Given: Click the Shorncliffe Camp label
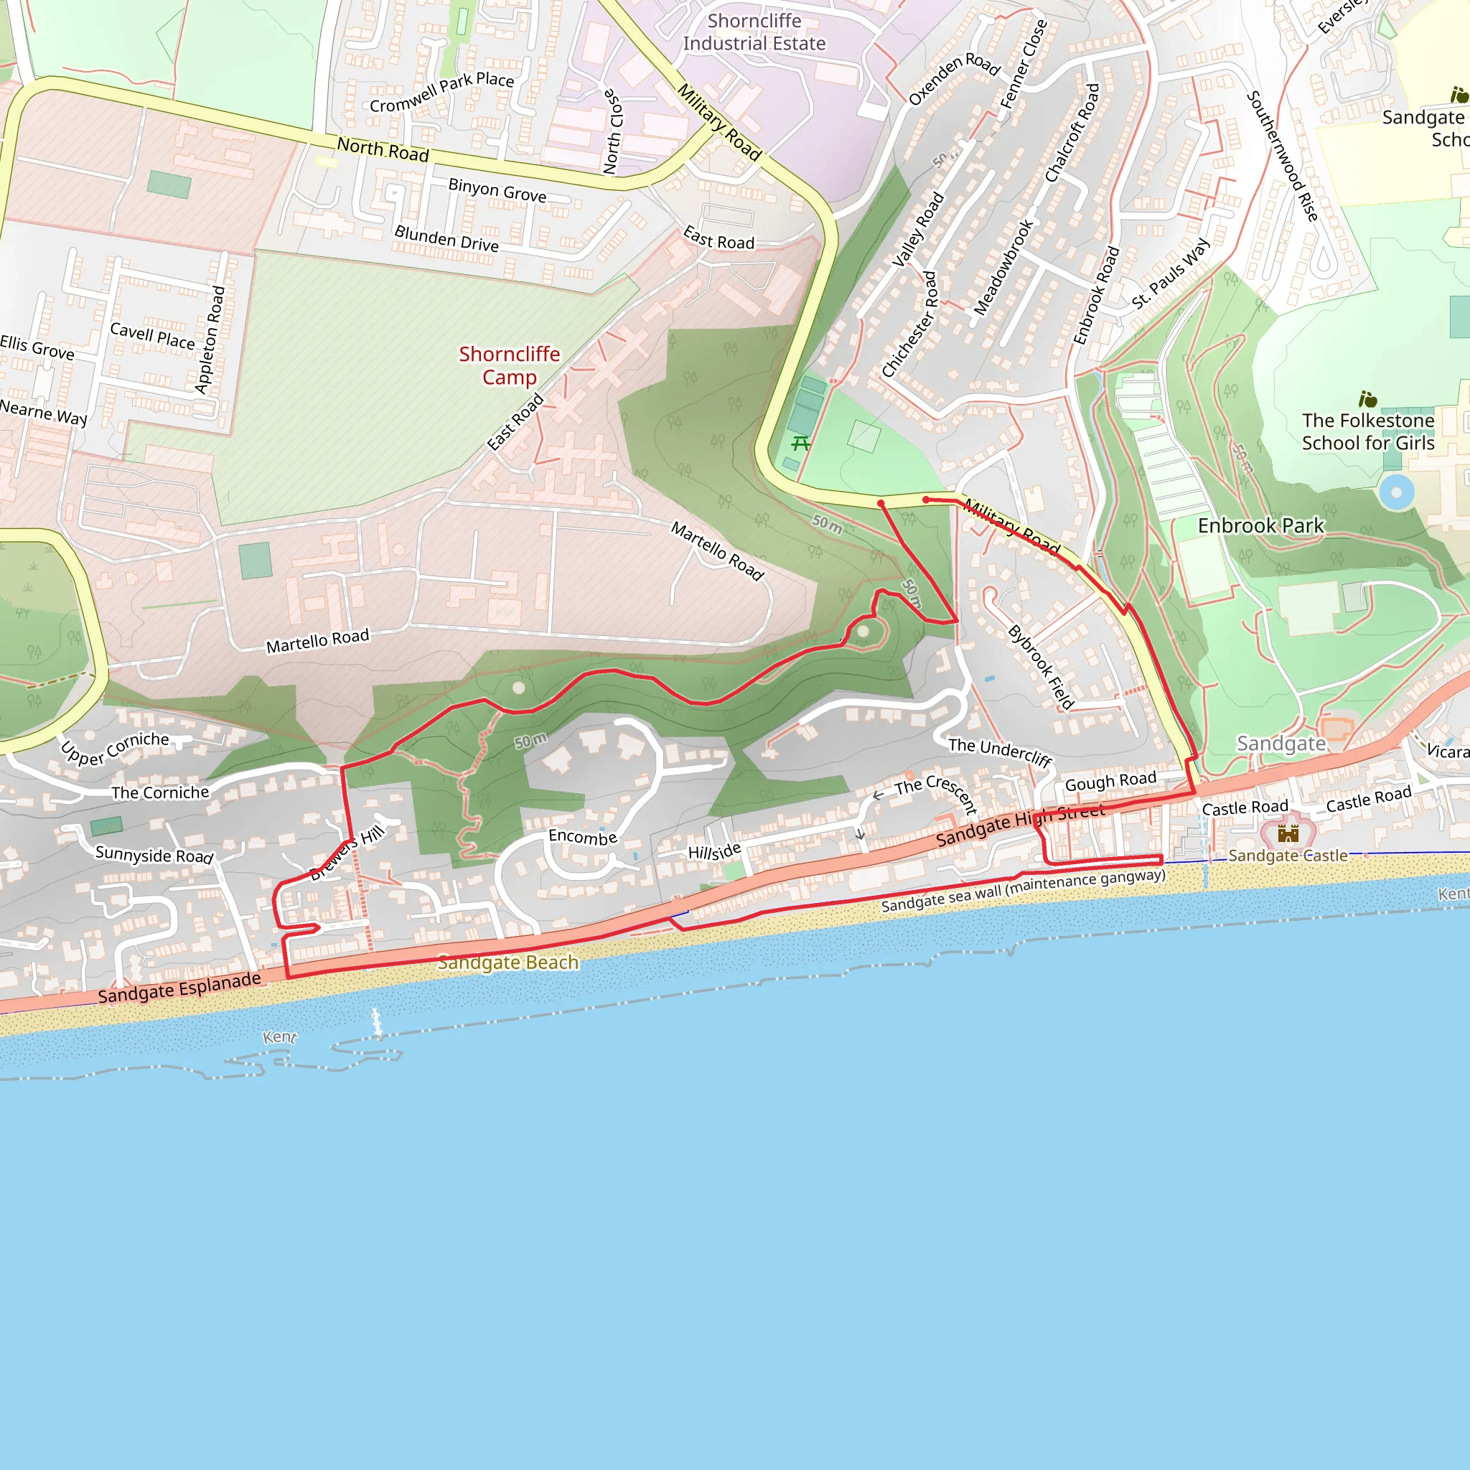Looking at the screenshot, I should point(509,365).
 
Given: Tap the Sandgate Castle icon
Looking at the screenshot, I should point(1288,833).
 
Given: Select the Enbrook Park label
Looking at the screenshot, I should point(1260,525).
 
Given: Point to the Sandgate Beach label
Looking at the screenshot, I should point(507,963).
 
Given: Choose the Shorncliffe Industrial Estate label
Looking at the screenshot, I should point(754,32).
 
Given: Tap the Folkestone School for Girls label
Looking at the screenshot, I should point(1367,431).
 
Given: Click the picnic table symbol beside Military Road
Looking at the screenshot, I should point(800,443).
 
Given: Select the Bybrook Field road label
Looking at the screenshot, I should point(1040,668).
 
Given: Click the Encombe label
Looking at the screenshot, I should point(582,837).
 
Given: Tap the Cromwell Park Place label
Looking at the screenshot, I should point(441,92).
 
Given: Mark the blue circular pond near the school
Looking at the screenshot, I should point(1396,492).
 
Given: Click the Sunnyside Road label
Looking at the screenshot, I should point(154,854).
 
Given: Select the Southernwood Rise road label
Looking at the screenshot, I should point(1282,156).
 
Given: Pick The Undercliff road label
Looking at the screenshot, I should point(1000,752).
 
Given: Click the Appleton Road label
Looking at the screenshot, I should point(210,340).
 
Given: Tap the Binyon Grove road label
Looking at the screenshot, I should point(497,189).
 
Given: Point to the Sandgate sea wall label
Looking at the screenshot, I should point(1023,890).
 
